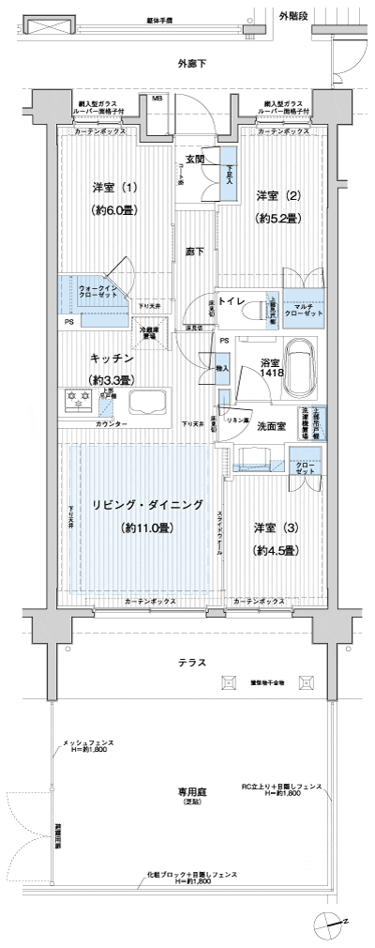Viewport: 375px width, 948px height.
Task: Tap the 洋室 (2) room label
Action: [x=277, y=195]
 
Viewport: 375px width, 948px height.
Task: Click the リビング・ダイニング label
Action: [x=147, y=505]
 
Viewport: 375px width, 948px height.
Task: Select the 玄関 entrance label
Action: [x=195, y=159]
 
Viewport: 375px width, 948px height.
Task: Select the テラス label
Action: [x=191, y=663]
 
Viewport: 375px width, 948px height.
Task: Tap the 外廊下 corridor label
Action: [x=191, y=63]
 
